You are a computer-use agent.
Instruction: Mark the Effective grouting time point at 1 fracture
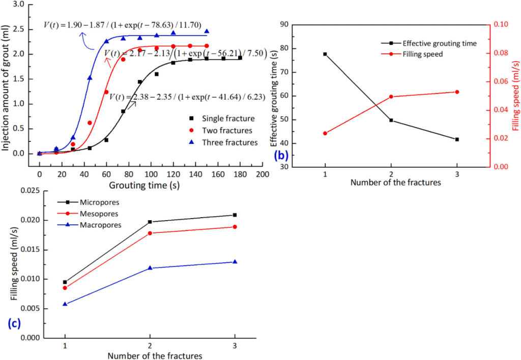tap(325, 54)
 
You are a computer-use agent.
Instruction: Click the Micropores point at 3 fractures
tap(235, 215)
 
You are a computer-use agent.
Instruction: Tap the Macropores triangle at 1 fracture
tap(65, 304)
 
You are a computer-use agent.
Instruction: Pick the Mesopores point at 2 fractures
tap(150, 233)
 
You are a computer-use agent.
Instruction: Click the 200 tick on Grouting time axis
tap(263, 174)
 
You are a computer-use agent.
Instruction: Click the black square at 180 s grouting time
tap(240, 58)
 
